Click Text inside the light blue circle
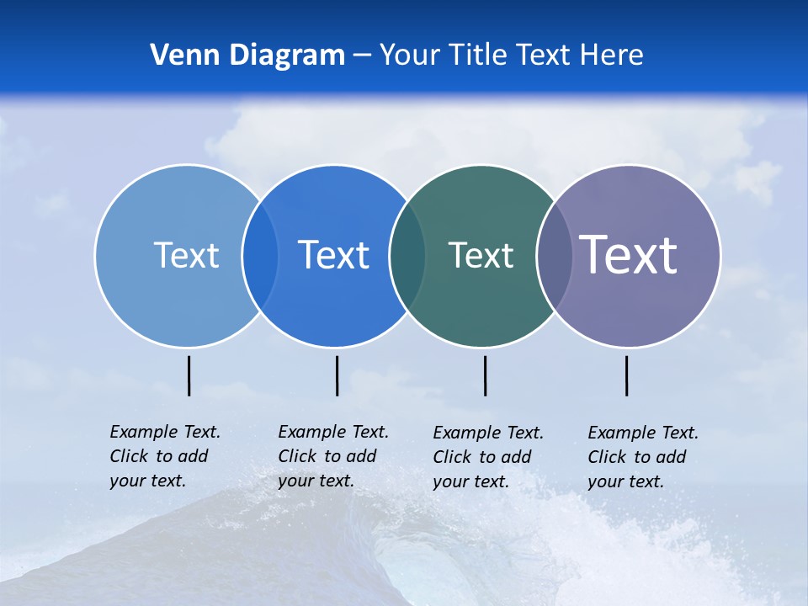click(186, 255)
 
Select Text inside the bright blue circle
click(333, 255)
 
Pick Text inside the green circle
click(481, 255)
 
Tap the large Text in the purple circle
click(629, 255)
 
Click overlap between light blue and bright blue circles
click(260, 255)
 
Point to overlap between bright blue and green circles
click(407, 255)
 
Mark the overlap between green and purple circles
click(554, 255)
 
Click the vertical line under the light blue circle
click(189, 375)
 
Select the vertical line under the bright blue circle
click(337, 375)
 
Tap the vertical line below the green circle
click(485, 375)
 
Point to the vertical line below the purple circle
click(626, 375)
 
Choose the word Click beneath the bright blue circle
click(296, 456)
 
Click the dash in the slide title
click(362, 56)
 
